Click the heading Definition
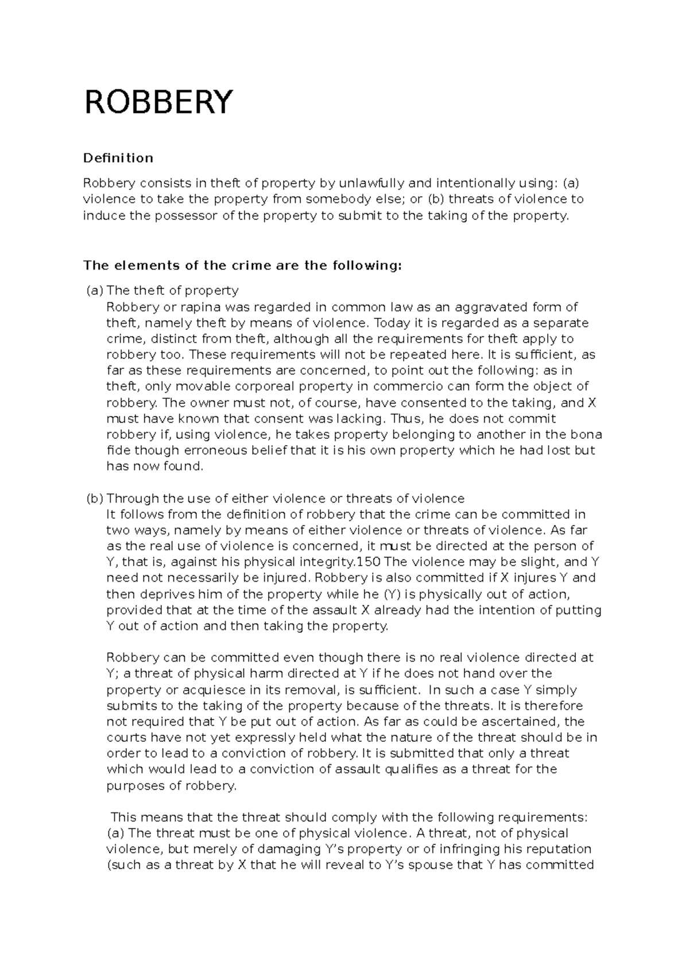click(x=118, y=158)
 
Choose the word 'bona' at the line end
click(x=587, y=434)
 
